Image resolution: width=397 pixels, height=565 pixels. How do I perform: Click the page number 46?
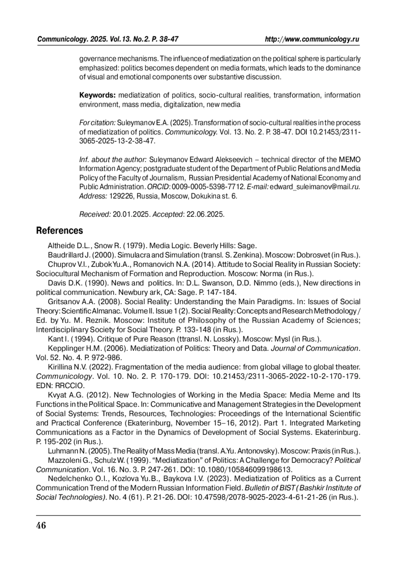tap(41, 525)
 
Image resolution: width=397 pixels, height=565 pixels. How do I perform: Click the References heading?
tap(59, 231)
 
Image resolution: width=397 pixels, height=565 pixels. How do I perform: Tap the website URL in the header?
tap(312, 39)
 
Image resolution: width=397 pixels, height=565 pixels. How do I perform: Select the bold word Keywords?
tap(97, 95)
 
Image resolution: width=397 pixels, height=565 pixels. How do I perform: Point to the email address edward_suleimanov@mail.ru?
tap(315, 187)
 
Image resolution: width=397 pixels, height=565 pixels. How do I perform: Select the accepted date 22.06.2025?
tap(205, 214)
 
